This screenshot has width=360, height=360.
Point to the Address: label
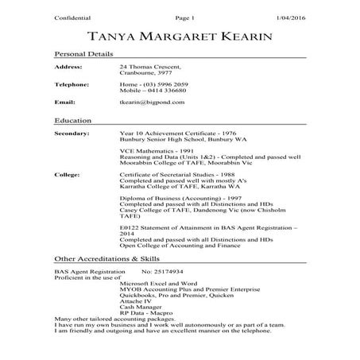68,68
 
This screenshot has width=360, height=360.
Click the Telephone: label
72,83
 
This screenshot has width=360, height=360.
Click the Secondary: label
72,133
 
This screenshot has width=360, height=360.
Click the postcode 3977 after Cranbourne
160,73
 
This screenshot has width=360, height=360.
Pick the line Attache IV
134,302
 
